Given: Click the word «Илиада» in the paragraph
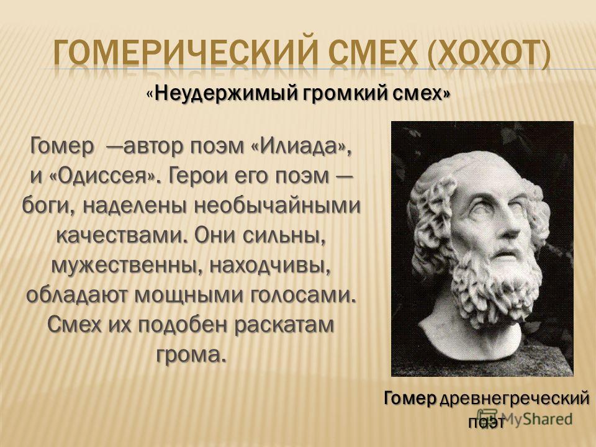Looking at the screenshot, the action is [x=302, y=147].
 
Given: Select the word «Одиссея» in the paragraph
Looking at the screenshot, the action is [x=104, y=176].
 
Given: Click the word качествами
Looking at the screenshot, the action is [x=121, y=237].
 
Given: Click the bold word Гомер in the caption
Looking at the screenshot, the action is [x=410, y=399].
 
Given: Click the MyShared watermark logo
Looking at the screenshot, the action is [x=525, y=418].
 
